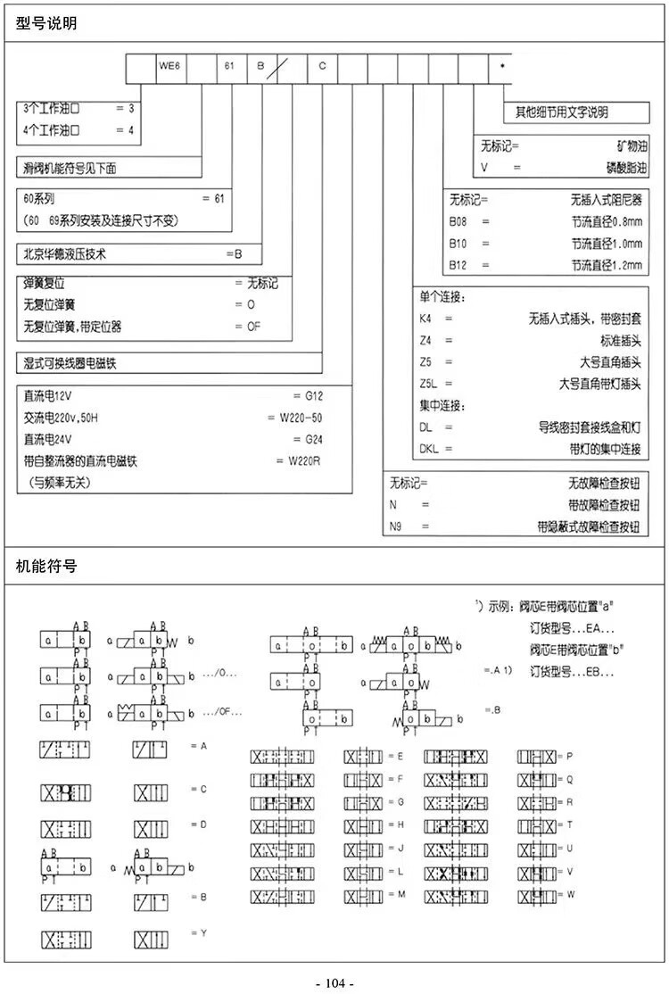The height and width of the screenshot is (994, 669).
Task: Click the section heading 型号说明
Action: (46, 23)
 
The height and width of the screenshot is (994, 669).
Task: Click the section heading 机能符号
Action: (46, 566)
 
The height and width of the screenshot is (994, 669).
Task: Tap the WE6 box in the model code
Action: (171, 67)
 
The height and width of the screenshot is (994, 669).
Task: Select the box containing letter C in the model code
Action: (322, 67)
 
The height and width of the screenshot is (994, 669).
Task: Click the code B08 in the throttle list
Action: (458, 220)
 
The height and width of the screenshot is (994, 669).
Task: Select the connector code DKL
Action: (429, 449)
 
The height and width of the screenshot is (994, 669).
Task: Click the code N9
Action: (397, 526)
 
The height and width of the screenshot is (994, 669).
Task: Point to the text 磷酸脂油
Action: (619, 167)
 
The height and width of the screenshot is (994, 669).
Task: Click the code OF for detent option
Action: (254, 327)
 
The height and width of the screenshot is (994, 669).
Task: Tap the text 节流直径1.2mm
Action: (607, 265)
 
